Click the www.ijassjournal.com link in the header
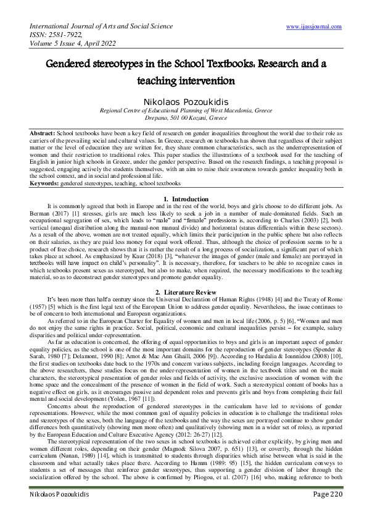coord(314,27)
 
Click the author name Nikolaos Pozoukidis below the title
coord(183,100)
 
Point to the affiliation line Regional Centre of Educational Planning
coord(183,109)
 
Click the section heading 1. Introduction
coord(183,198)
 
